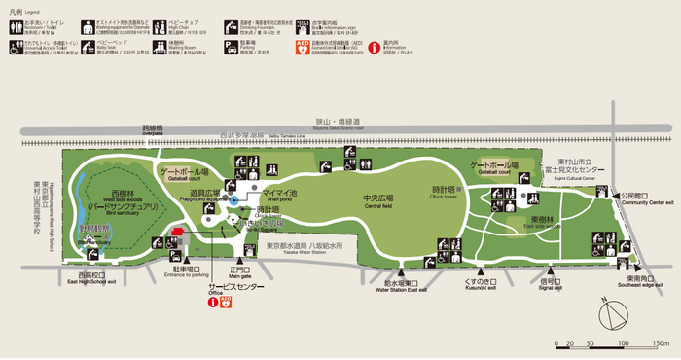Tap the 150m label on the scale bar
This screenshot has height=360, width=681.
661,343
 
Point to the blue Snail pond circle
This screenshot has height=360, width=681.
233,200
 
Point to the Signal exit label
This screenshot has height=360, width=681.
551,287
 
